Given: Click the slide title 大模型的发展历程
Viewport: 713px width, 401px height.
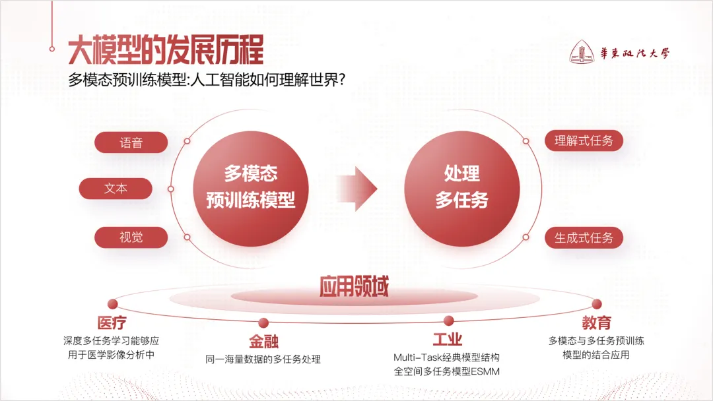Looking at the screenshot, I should click(166, 50).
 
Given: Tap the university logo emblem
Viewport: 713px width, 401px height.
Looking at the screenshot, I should click(582, 53).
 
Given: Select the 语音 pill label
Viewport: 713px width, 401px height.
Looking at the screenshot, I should click(131, 142).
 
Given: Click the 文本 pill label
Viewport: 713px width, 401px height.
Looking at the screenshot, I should click(116, 189).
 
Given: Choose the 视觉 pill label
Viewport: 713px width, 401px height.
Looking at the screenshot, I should click(131, 236).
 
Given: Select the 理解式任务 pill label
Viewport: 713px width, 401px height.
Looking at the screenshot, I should click(584, 140).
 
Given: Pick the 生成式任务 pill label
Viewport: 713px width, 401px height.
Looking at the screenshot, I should click(584, 238).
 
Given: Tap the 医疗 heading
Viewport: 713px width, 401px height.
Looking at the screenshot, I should click(112, 323).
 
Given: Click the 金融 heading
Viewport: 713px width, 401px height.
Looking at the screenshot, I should click(263, 341).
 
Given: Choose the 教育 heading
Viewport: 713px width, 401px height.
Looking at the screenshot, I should click(596, 323).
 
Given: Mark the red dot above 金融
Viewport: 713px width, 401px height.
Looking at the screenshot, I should click(263, 323).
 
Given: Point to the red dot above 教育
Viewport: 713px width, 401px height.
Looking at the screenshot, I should click(597, 304).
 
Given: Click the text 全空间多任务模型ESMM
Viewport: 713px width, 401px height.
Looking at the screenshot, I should click(447, 372).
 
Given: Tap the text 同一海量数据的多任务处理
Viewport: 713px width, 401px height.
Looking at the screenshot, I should click(263, 359).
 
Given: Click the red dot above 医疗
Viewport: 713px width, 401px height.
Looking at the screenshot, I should click(112, 304).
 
